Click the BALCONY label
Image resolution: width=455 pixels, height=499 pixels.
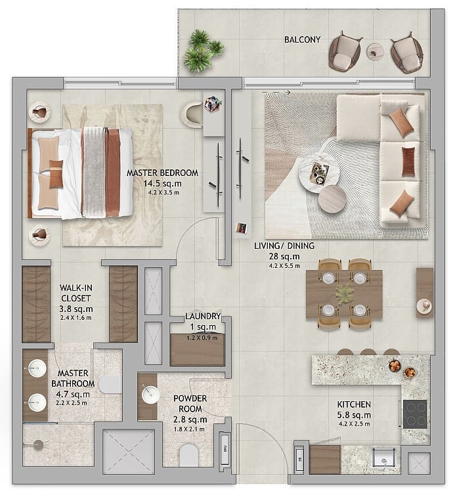(302, 40)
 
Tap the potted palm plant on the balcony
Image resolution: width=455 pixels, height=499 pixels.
(203, 51)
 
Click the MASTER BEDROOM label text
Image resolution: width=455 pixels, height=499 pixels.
(162, 173)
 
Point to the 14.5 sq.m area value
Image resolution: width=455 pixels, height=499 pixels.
(162, 184)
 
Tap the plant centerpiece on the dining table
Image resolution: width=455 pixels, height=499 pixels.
(344, 294)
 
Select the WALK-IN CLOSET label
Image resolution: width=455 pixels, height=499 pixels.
(76, 293)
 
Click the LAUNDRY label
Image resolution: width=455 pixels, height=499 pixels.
(203, 316)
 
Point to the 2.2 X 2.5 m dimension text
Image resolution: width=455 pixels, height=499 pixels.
(72, 403)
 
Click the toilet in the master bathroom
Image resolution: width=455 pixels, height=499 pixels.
(110, 385)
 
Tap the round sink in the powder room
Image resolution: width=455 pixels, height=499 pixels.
(150, 395)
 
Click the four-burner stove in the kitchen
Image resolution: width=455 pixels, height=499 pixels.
(415, 414)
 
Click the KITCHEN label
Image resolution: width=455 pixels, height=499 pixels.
(354, 404)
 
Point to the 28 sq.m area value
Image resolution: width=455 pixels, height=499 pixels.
(284, 256)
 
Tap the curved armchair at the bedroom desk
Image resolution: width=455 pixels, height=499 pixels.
(193, 114)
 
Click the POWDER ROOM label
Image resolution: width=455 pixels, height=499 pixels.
(190, 404)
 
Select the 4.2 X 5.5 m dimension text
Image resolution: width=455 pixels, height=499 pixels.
(284, 266)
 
